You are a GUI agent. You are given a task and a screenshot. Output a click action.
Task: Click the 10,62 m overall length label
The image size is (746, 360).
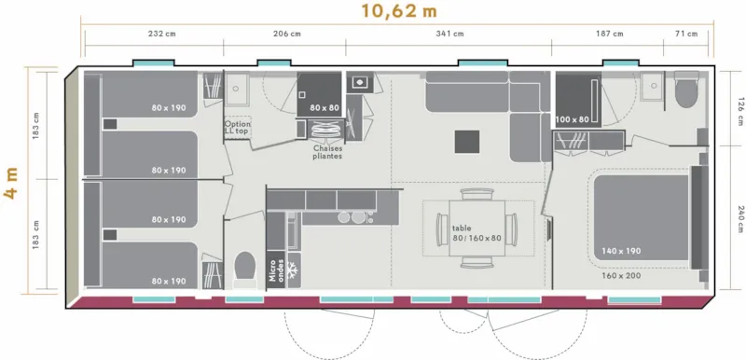click(398, 12)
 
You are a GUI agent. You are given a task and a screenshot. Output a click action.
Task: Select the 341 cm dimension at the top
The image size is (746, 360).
click(449, 35)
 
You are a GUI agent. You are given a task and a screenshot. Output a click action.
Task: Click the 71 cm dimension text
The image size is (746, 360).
click(684, 35)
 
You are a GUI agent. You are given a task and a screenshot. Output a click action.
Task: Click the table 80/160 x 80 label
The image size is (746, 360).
click(477, 231)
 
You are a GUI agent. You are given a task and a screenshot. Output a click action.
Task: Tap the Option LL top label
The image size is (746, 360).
click(237, 127)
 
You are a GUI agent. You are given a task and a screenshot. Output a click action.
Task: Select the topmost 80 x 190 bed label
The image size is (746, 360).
click(169, 107)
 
